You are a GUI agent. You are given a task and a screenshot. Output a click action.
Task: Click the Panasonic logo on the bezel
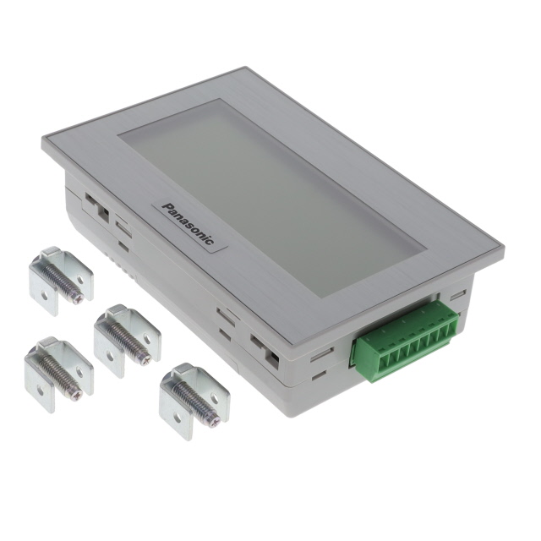coord(188,223)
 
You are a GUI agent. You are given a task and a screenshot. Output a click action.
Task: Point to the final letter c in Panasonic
coord(210,240)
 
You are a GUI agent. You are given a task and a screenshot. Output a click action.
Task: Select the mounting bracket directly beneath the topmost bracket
coord(58,374)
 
